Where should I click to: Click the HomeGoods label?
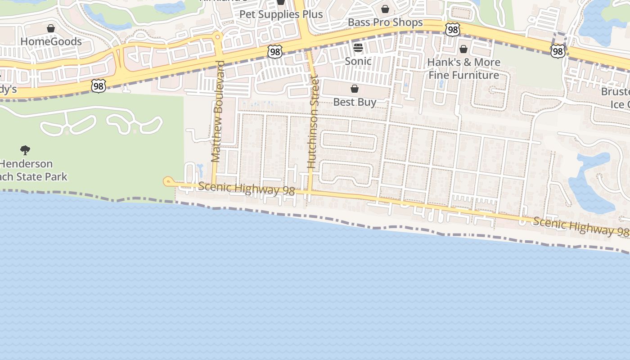pos(51,41)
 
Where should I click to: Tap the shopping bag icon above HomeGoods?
pos(51,29)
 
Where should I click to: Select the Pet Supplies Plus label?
pos(281,14)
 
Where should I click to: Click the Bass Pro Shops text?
pos(385,22)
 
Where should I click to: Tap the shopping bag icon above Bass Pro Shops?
pos(385,9)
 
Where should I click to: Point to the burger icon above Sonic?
pos(358,47)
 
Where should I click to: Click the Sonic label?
pos(358,61)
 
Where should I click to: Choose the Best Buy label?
pos(355,102)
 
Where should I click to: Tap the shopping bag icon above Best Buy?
pos(355,89)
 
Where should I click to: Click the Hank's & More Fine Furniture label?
pos(463,68)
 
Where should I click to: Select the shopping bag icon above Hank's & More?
pos(463,49)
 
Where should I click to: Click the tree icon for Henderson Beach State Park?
pos(25,150)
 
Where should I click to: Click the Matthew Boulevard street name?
pos(217,111)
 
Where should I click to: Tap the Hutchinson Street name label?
pos(312,122)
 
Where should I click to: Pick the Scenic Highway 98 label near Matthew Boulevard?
pos(246,188)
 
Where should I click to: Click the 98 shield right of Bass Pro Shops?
pos(453,30)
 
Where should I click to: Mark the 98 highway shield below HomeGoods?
pos(98,86)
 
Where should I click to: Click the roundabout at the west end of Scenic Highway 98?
pos(168,181)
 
